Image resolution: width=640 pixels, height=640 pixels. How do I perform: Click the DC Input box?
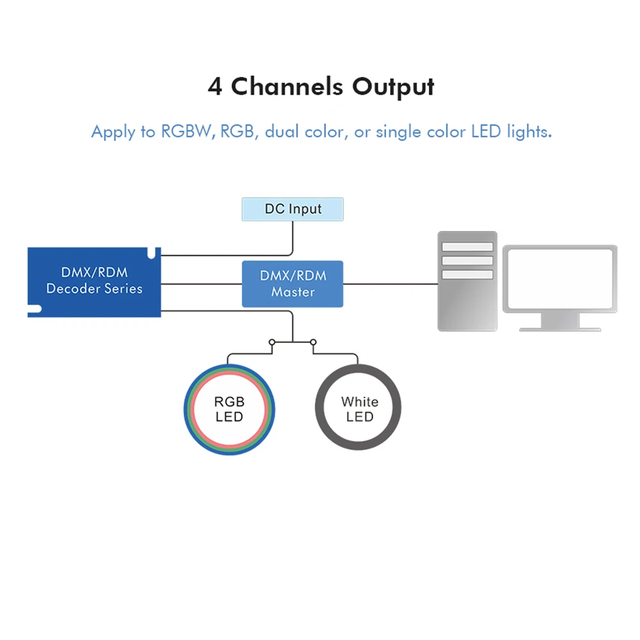pyautogui.click(x=292, y=209)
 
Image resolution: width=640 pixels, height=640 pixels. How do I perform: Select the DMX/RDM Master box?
pyautogui.click(x=292, y=284)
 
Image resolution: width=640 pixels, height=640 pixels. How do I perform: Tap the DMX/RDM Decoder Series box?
pyautogui.click(x=94, y=282)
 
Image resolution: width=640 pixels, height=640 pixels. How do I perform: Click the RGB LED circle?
pyautogui.click(x=229, y=409)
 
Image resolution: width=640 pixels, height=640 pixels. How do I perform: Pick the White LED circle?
pyautogui.click(x=359, y=409)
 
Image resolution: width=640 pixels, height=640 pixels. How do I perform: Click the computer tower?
pyautogui.click(x=467, y=282)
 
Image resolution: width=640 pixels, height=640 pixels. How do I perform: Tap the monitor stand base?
pyautogui.click(x=560, y=328)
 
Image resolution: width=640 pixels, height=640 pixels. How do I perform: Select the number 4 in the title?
pyautogui.click(x=215, y=86)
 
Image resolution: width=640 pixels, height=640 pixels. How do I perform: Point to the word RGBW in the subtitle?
pyautogui.click(x=186, y=132)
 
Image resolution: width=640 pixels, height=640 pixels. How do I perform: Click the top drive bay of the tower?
pyautogui.click(x=467, y=247)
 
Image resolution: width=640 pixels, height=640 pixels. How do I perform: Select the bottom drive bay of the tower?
pyautogui.click(x=467, y=274)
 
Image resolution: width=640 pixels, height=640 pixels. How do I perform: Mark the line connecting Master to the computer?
pyautogui.click(x=390, y=284)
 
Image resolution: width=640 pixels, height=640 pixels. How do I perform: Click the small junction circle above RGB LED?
pyautogui.click(x=271, y=342)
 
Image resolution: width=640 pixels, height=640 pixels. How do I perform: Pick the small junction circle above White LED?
pyautogui.click(x=314, y=342)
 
